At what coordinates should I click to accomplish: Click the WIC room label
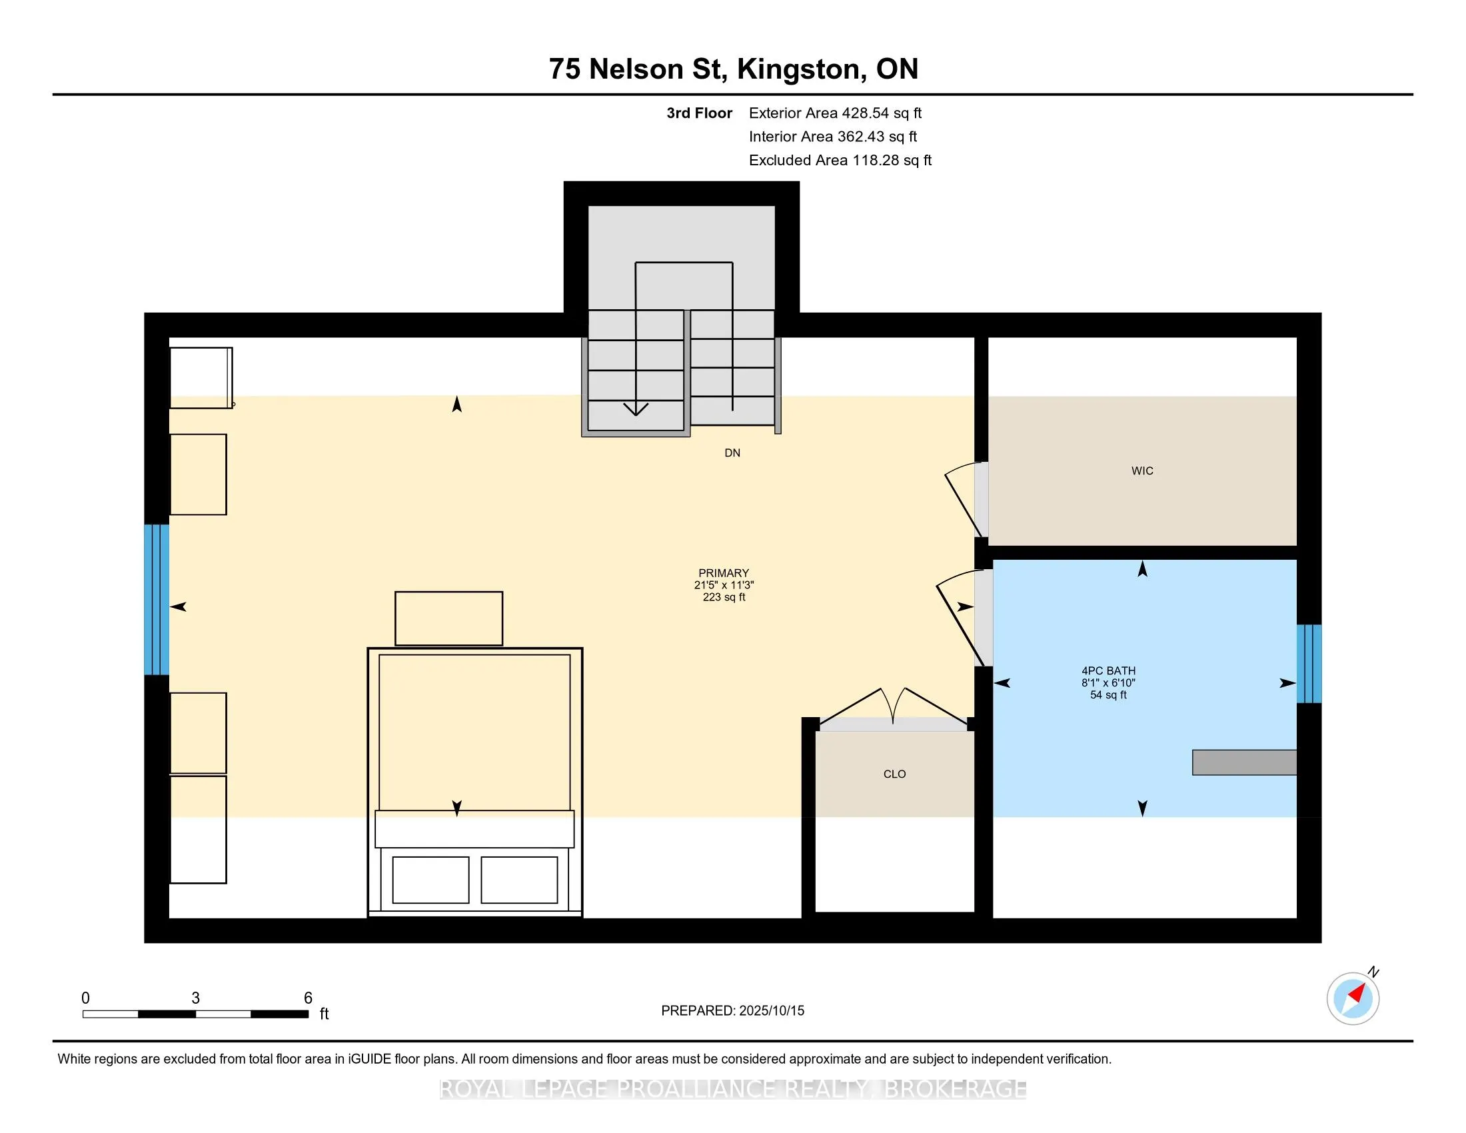(1141, 471)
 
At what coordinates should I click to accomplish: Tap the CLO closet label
(895, 774)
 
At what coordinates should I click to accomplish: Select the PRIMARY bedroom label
(724, 573)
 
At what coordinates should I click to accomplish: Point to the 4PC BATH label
(1108, 670)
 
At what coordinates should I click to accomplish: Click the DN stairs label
(732, 453)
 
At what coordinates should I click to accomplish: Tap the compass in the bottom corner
(1353, 998)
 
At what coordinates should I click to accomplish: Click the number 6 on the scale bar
(308, 998)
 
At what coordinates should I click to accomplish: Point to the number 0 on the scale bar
(86, 998)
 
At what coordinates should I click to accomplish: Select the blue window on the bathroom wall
(1309, 664)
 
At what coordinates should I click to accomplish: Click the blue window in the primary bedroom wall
(157, 599)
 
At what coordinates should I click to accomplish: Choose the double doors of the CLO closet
(893, 706)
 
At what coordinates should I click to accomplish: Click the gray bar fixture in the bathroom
(1245, 762)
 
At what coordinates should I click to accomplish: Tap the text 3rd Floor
(699, 113)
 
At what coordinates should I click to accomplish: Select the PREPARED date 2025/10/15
(771, 1011)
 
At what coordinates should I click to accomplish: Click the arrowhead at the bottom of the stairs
(636, 409)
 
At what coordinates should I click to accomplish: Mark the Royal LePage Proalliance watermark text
(733, 1089)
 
